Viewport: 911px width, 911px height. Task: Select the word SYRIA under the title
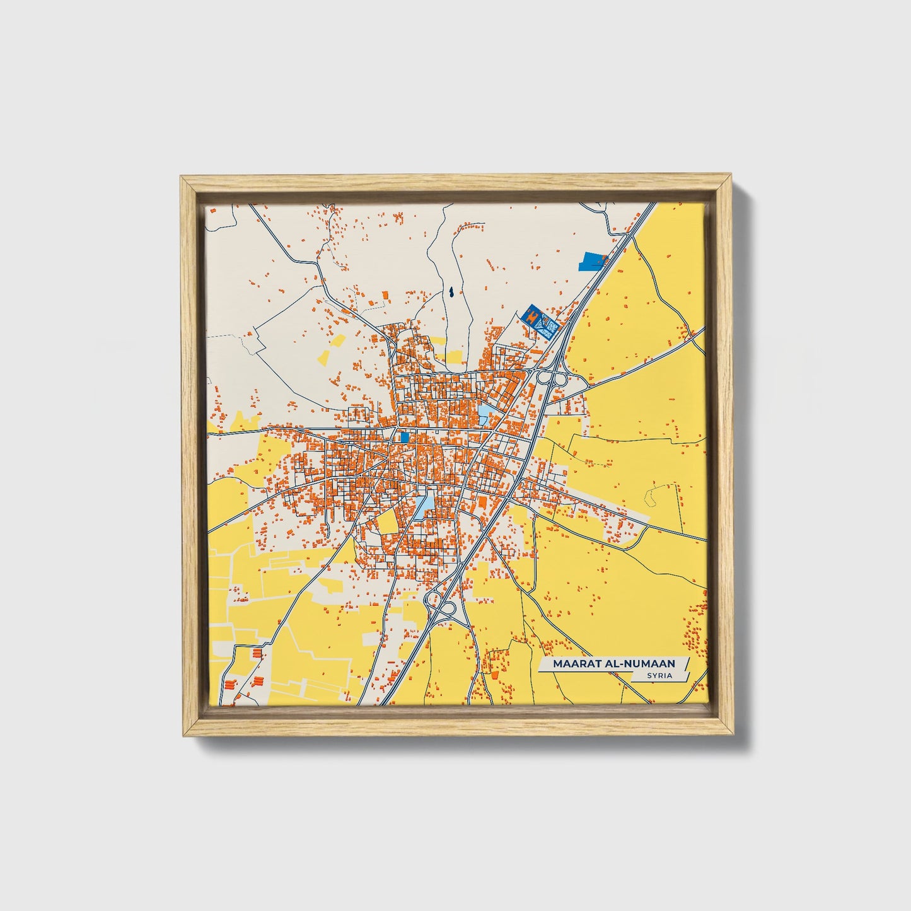[659, 675]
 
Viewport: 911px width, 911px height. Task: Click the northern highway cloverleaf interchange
[551, 379]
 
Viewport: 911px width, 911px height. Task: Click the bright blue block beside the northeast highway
[593, 260]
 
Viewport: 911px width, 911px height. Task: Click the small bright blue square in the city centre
[405, 436]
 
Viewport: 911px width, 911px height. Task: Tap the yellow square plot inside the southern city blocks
[388, 521]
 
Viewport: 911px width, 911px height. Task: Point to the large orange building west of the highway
[482, 501]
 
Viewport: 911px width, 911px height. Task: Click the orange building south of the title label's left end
[494, 675]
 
